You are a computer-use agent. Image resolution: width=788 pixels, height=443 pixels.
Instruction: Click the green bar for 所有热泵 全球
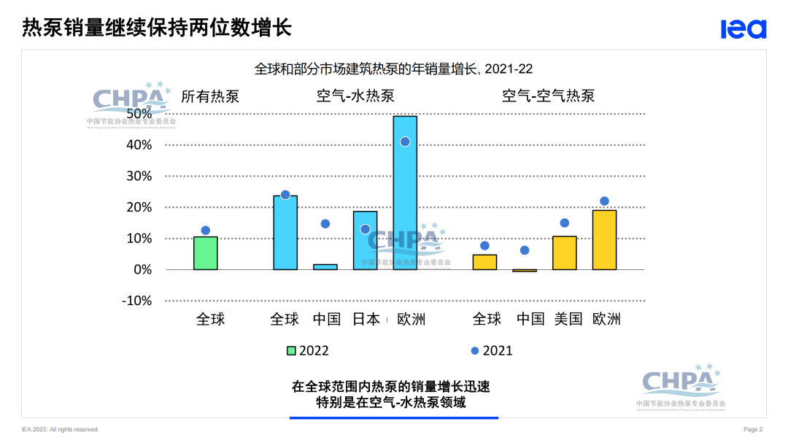coord(206,253)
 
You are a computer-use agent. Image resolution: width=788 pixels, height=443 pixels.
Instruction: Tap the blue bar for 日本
coord(365,241)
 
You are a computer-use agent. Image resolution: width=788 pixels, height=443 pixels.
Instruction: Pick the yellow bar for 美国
coord(564,253)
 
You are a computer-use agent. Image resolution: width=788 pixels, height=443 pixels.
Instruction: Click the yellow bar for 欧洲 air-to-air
coord(604,240)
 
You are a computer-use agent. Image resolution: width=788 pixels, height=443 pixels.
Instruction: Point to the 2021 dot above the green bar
coord(206,231)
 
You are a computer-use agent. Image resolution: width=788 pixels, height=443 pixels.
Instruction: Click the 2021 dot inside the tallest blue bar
coord(405,142)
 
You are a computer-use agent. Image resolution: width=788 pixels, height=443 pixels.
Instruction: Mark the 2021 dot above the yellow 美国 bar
coord(564,223)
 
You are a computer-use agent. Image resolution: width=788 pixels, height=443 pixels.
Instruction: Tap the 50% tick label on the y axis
coord(139,114)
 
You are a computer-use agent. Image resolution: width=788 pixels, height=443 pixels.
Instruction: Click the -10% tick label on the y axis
coord(136,301)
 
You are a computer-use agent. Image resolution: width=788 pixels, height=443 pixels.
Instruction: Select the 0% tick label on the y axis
coord(142,269)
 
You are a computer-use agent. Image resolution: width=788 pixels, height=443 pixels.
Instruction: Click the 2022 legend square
coord(290,350)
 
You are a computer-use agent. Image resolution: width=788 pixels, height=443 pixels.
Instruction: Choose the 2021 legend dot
coord(475,350)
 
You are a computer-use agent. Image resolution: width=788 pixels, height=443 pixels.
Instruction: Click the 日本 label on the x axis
coord(366,319)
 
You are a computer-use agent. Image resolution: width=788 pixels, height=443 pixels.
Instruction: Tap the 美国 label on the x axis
coord(568,319)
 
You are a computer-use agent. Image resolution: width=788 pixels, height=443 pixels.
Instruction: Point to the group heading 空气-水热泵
coord(355,96)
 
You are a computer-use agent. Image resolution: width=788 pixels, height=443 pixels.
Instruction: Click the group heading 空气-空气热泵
coord(548,96)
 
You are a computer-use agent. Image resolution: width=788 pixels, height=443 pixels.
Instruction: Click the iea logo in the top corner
coord(743,28)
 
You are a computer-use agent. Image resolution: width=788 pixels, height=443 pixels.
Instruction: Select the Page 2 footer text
coord(753,429)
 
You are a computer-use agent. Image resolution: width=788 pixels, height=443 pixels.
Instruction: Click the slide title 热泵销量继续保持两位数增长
coord(157,28)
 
